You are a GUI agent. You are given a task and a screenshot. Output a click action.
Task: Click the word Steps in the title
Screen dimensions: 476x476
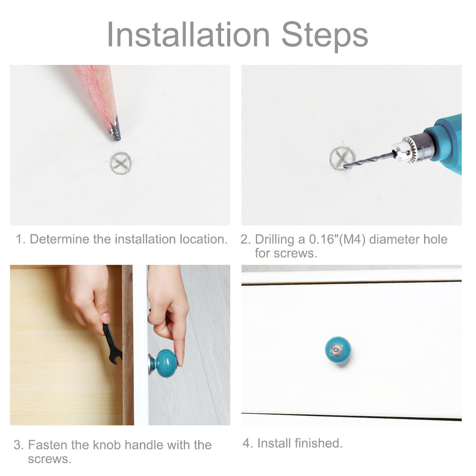click(325, 36)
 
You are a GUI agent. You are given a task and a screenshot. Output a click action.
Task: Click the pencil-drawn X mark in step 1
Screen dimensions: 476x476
click(121, 163)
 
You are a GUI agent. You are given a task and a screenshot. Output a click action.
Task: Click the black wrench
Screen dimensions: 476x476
click(112, 343)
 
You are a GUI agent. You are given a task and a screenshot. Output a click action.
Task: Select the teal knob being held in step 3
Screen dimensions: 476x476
click(165, 363)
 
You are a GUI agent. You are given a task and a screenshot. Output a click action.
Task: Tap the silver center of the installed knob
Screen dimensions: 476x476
click(336, 350)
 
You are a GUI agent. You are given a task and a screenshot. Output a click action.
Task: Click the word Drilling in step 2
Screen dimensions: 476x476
click(274, 240)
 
